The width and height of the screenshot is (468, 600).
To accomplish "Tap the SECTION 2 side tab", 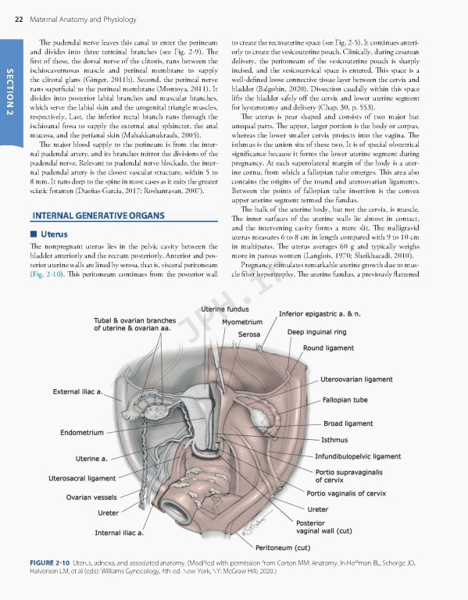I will pyautogui.click(x=10, y=92).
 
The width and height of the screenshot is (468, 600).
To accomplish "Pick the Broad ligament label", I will pyautogui.click(x=348, y=423).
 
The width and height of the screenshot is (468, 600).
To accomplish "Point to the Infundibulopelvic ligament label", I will pyautogui.click(x=358, y=455).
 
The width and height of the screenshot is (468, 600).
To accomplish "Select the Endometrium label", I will pyautogui.click(x=81, y=432).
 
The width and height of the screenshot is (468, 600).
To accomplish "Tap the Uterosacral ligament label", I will pyautogui.click(x=88, y=477).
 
